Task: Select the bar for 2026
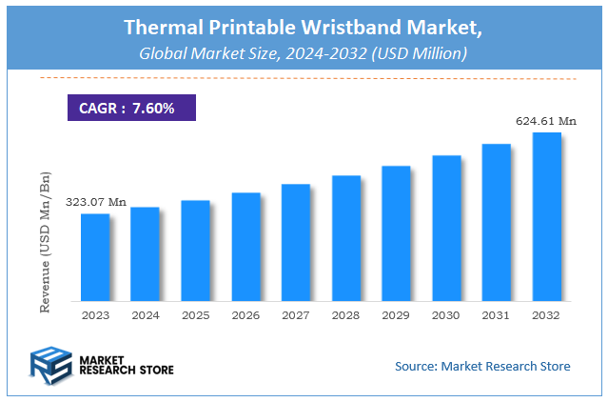tap(245, 247)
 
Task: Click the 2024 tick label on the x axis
tap(146, 315)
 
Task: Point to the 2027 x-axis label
tap(296, 315)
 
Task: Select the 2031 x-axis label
tap(497, 315)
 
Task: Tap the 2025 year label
tap(195, 315)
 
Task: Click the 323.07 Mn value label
tap(95, 202)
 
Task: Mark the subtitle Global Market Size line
tap(303, 54)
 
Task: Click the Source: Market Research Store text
tap(482, 366)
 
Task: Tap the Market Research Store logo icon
tap(52, 366)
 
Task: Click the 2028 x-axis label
tap(346, 315)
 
